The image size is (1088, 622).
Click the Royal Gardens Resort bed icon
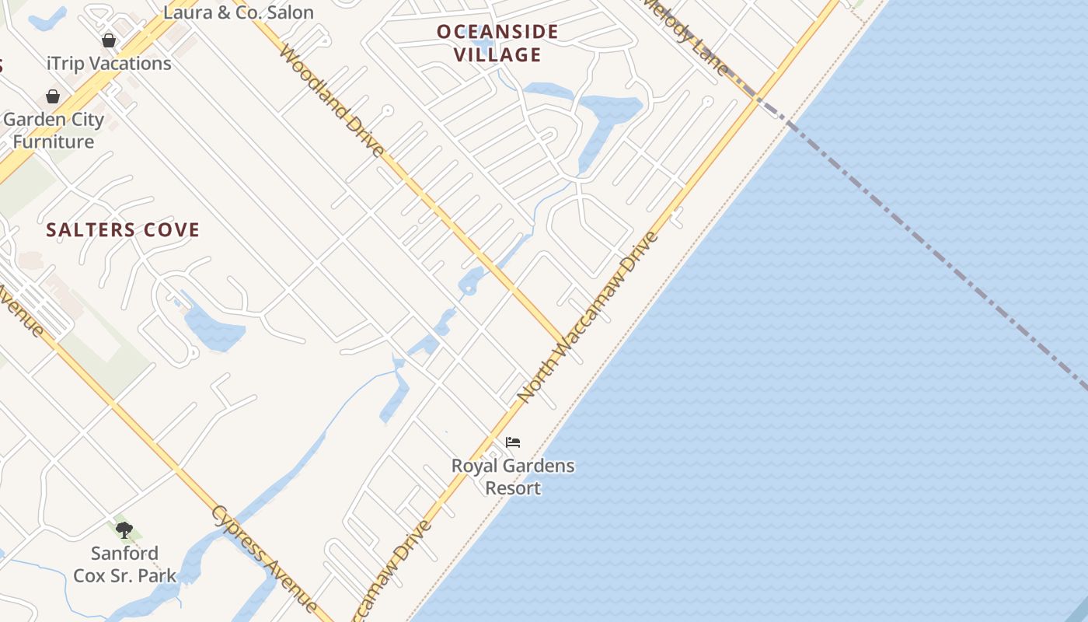(x=512, y=442)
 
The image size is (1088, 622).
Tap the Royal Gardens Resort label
(x=513, y=477)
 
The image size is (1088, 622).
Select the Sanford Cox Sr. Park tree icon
(x=124, y=530)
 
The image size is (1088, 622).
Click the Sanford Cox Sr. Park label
(x=124, y=564)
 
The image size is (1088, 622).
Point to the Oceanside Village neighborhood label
(x=497, y=43)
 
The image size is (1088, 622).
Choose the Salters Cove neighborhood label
(x=123, y=230)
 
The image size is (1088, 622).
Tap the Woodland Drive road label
(x=332, y=101)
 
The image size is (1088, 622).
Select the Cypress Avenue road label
(x=264, y=558)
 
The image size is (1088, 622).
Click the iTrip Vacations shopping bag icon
(x=109, y=40)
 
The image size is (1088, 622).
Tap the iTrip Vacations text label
(x=109, y=64)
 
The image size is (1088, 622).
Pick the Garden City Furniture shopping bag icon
(x=53, y=96)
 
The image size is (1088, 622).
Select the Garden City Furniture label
(x=54, y=131)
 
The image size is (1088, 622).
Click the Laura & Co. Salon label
(x=239, y=12)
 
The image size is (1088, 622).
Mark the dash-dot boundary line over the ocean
(x=933, y=249)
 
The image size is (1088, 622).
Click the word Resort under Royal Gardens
(x=513, y=488)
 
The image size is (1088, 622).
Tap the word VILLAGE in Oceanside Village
(x=497, y=54)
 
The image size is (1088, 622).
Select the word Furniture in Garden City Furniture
(x=54, y=142)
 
